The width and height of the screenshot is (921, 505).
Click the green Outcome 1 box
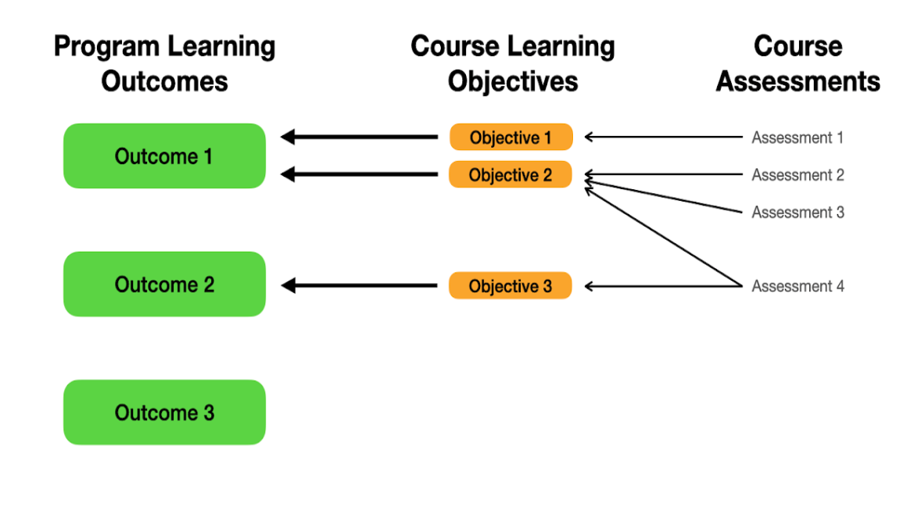click(164, 156)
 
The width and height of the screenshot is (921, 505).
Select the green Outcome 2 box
click(164, 285)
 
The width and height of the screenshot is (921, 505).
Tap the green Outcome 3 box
click(164, 412)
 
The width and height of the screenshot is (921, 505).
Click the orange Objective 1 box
click(511, 137)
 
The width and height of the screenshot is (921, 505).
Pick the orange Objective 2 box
click(511, 174)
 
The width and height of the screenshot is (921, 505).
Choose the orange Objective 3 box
click(511, 285)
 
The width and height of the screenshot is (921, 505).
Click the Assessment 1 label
click(797, 138)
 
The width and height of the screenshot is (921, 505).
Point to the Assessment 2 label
click(797, 175)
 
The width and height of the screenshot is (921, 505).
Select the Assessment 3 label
click(797, 212)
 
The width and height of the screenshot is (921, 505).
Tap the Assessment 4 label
click(797, 286)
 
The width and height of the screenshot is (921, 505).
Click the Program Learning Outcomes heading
click(164, 63)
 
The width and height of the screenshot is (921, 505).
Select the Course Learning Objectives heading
click(513, 63)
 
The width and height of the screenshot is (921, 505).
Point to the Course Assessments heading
click(797, 63)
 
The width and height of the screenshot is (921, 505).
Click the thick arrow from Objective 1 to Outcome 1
click(360, 137)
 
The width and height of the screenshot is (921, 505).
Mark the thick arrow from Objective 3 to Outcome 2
click(360, 286)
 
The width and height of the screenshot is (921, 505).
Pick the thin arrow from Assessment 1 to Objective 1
click(664, 137)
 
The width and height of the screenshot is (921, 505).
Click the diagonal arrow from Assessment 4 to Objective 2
click(664, 237)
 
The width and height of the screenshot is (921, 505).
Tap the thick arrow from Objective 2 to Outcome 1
click(360, 174)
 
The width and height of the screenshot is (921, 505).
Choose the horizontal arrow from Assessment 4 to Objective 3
click(664, 286)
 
